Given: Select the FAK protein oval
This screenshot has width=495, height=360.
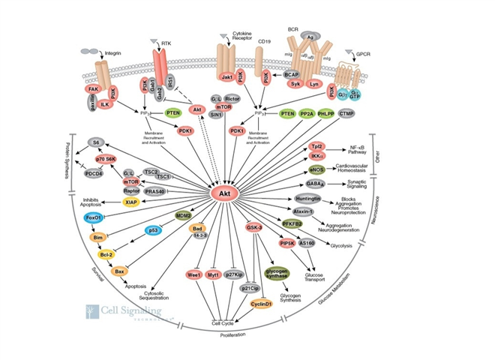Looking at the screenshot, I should click(94, 88).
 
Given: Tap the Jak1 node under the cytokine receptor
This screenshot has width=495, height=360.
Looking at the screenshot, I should click(226, 77).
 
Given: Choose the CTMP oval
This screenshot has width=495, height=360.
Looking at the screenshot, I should click(346, 113).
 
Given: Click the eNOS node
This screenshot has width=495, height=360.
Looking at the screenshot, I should click(318, 170).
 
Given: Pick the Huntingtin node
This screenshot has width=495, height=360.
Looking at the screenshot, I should click(309, 199).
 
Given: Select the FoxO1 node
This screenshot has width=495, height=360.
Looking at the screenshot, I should click(94, 217).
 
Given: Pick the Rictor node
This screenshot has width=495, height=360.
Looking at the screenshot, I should click(232, 98).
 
